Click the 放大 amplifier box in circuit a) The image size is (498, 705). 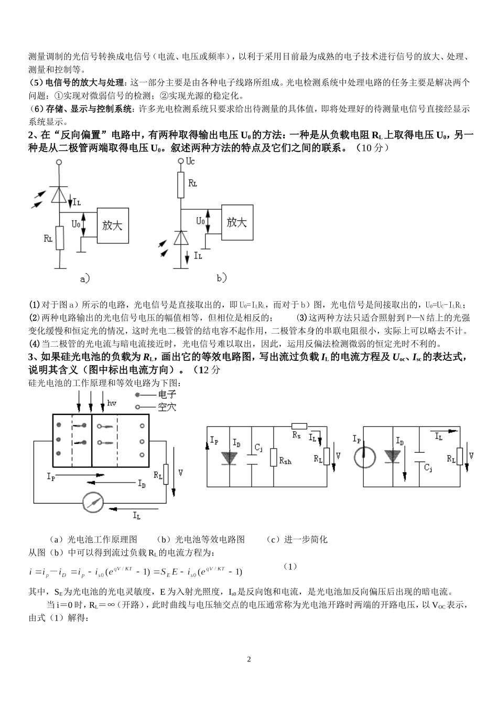[x=112, y=226]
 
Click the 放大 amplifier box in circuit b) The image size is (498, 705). [x=237, y=222]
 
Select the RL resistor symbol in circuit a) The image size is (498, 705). [x=59, y=239]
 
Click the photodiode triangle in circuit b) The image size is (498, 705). [x=181, y=238]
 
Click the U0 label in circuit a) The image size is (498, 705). [x=75, y=224]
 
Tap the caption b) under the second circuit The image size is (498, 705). [x=222, y=277]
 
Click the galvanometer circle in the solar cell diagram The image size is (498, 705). [x=94, y=502]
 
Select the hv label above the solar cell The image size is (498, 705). [x=111, y=403]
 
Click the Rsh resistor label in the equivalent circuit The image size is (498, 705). [x=286, y=462]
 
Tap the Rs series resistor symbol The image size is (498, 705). [x=299, y=426]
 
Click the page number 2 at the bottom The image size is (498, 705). [x=249, y=659]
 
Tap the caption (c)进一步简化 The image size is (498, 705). [x=297, y=539]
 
